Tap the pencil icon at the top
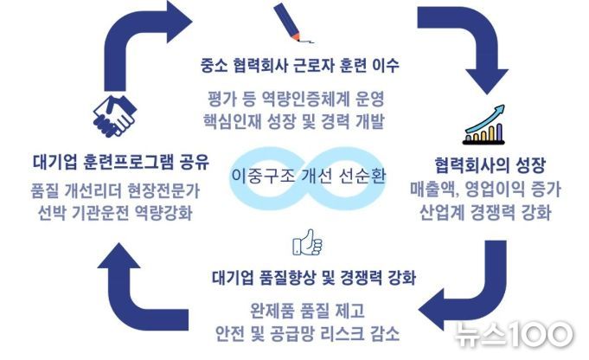pyautogui.click(x=293, y=22)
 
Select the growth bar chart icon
pyautogui.click(x=483, y=125)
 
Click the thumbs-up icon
pyautogui.click(x=307, y=243)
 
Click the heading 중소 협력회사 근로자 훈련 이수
pyautogui.click(x=299, y=65)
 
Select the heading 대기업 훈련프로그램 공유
pyautogui.click(x=121, y=162)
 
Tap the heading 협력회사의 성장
pyautogui.click(x=490, y=164)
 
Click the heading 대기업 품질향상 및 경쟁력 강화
pyautogui.click(x=314, y=278)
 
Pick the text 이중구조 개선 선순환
pyautogui.click(x=308, y=175)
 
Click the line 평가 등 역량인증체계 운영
pyautogui.click(x=296, y=99)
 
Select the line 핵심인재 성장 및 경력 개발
pyautogui.click(x=294, y=121)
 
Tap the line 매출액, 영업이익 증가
pyautogui.click(x=485, y=189)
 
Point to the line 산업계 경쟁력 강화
pyautogui.click(x=485, y=212)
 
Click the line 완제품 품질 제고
pyautogui.click(x=307, y=311)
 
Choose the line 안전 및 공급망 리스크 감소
pyautogui.click(x=307, y=333)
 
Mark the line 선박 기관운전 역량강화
pyautogui.click(x=115, y=213)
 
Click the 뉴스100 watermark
pyautogui.click(x=515, y=334)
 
